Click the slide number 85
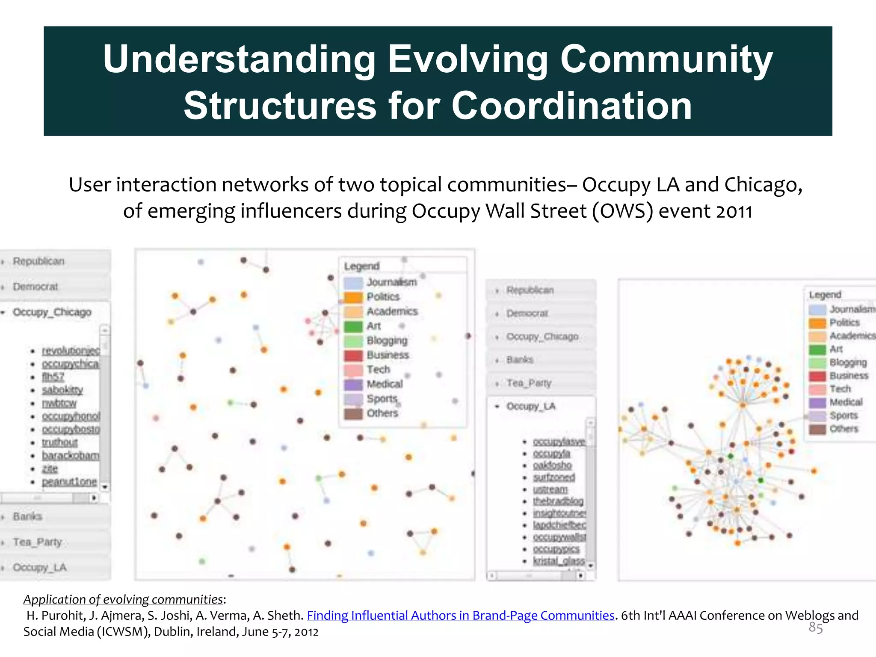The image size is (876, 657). click(x=815, y=628)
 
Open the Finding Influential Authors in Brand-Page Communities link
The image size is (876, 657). click(x=461, y=616)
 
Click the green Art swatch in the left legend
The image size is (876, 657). click(x=353, y=326)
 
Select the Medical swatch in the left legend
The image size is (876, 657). click(x=353, y=385)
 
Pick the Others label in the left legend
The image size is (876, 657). click(x=382, y=413)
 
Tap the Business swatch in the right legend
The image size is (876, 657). click(x=817, y=376)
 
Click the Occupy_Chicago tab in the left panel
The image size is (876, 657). click(x=52, y=312)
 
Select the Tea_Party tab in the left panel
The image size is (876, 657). click(x=38, y=542)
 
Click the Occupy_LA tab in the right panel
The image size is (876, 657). click(x=531, y=406)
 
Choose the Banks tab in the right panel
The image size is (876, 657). click(x=520, y=360)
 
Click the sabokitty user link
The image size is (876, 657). click(x=62, y=390)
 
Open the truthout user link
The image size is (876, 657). click(x=60, y=442)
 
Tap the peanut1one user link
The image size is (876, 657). click(x=69, y=482)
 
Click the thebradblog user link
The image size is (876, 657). click(x=558, y=501)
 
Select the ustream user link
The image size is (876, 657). click(x=550, y=489)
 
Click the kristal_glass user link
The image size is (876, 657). click(x=559, y=561)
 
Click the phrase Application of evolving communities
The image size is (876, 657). click(x=123, y=600)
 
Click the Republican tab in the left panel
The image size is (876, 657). click(x=38, y=261)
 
